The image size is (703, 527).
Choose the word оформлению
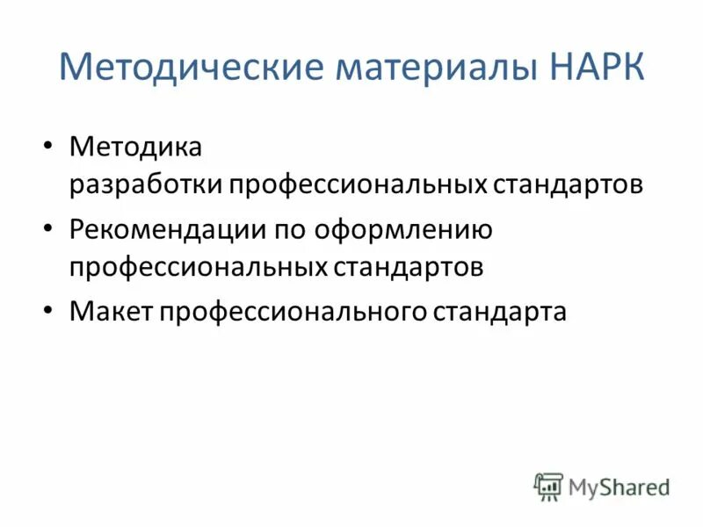[x=404, y=229]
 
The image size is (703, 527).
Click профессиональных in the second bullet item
[x=199, y=267]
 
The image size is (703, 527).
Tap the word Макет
[x=111, y=310]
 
